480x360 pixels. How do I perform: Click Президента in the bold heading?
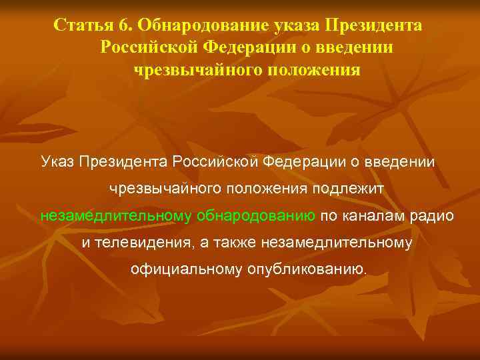(373, 25)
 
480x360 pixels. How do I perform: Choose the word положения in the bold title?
(312, 70)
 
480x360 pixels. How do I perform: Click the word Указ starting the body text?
(58, 161)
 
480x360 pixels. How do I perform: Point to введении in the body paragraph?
(405, 161)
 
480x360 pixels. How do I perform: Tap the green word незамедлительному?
(116, 216)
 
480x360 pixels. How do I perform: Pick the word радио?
(437, 216)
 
